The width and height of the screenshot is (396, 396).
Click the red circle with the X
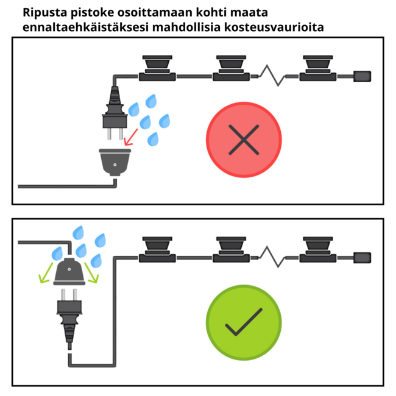pyautogui.click(x=244, y=140)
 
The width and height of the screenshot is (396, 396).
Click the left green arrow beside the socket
pyautogui.click(x=44, y=276)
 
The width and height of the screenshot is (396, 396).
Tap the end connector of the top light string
pyautogui.click(x=362, y=76)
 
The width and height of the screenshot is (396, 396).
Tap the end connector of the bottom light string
pyautogui.click(x=362, y=258)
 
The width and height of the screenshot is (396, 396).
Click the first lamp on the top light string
pyautogui.click(x=158, y=67)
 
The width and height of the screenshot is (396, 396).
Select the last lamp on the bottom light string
pyautogui.click(x=318, y=249)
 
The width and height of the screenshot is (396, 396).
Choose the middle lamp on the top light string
pyautogui.click(x=231, y=67)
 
